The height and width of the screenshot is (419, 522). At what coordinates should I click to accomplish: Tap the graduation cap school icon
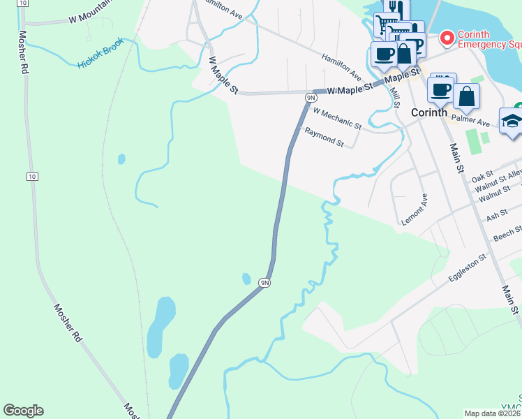coord(512,120)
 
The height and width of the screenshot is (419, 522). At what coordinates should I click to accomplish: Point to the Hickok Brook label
coord(100,53)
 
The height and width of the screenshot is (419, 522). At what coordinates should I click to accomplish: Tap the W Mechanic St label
coord(337,118)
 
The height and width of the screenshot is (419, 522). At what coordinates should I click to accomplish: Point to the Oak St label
coord(482,175)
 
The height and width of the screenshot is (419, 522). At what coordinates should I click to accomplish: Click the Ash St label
coord(497,215)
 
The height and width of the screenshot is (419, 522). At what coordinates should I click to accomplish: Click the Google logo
coord(23,411)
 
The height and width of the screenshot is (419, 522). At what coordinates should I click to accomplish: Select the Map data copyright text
coord(493,413)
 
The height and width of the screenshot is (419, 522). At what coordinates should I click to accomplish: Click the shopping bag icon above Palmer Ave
coord(466,96)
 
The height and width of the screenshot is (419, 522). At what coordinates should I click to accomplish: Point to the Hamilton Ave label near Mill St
coord(341,66)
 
